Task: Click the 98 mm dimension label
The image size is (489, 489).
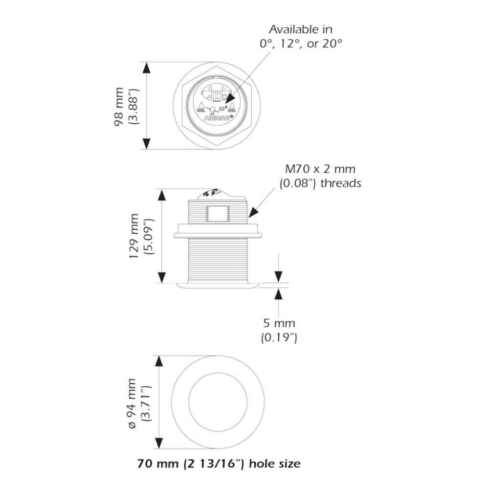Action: pyautogui.click(x=119, y=106)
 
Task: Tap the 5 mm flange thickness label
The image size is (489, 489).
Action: pyautogui.click(x=279, y=323)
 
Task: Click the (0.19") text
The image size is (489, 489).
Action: pyautogui.click(x=279, y=337)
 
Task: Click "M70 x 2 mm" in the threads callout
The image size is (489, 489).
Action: pyautogui.click(x=321, y=170)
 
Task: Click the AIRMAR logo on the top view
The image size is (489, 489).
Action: pyautogui.click(x=213, y=117)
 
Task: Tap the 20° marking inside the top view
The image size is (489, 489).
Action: pyautogui.click(x=222, y=109)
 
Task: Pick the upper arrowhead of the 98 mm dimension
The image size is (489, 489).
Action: pyautogui.click(x=146, y=68)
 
